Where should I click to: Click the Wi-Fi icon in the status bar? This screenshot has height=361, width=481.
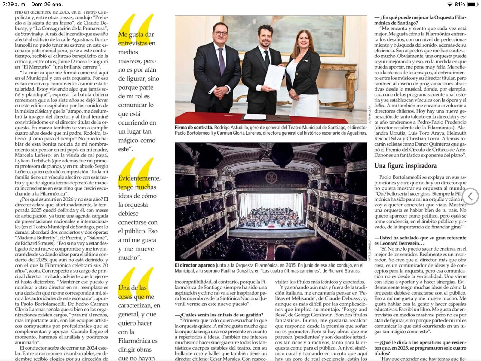point(450,5)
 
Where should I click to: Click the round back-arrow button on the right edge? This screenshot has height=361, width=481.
point(470,196)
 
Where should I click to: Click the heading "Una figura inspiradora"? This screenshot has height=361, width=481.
point(405,166)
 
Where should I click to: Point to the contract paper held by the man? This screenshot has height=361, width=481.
point(274,76)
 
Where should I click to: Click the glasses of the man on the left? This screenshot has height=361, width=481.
point(220,33)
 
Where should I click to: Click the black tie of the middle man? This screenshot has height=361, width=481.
point(267,59)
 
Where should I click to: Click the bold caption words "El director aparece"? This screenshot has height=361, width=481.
point(195,265)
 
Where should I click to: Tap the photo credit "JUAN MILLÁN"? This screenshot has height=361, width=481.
point(369,114)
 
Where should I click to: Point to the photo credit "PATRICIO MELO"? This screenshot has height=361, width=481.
point(369,250)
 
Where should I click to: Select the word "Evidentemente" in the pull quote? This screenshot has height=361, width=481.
point(139,178)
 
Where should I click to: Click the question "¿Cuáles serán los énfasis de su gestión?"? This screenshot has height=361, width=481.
point(219,315)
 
